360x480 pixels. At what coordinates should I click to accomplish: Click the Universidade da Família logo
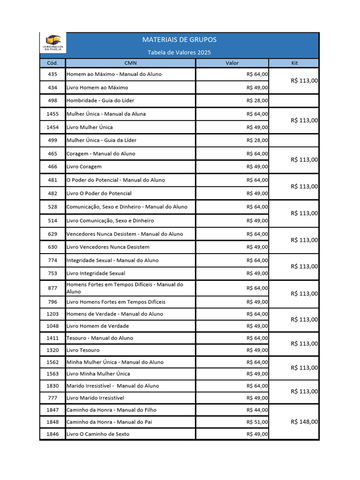(52, 44)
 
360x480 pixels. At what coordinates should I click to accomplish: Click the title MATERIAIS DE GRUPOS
(179, 40)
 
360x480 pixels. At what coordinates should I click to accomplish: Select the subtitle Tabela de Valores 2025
(179, 52)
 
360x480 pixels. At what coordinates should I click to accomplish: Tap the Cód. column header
(52, 63)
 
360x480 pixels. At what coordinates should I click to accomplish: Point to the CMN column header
(130, 63)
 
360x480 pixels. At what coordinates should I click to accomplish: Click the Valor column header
(232, 63)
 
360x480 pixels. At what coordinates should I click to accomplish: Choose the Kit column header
(294, 63)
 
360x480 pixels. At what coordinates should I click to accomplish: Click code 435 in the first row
(52, 74)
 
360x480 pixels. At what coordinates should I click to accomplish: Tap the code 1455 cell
(52, 114)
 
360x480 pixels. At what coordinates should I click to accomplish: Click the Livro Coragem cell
(84, 166)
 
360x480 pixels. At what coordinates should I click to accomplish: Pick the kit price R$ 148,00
(304, 421)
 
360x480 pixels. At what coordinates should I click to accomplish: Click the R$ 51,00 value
(257, 422)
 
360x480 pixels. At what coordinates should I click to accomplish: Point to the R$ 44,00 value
(257, 410)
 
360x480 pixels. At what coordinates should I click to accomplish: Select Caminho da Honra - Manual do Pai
(109, 422)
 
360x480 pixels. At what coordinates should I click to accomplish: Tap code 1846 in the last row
(52, 434)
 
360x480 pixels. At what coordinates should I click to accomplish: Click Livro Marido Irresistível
(95, 398)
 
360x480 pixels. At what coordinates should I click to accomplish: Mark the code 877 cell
(52, 288)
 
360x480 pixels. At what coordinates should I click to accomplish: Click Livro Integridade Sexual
(96, 273)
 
